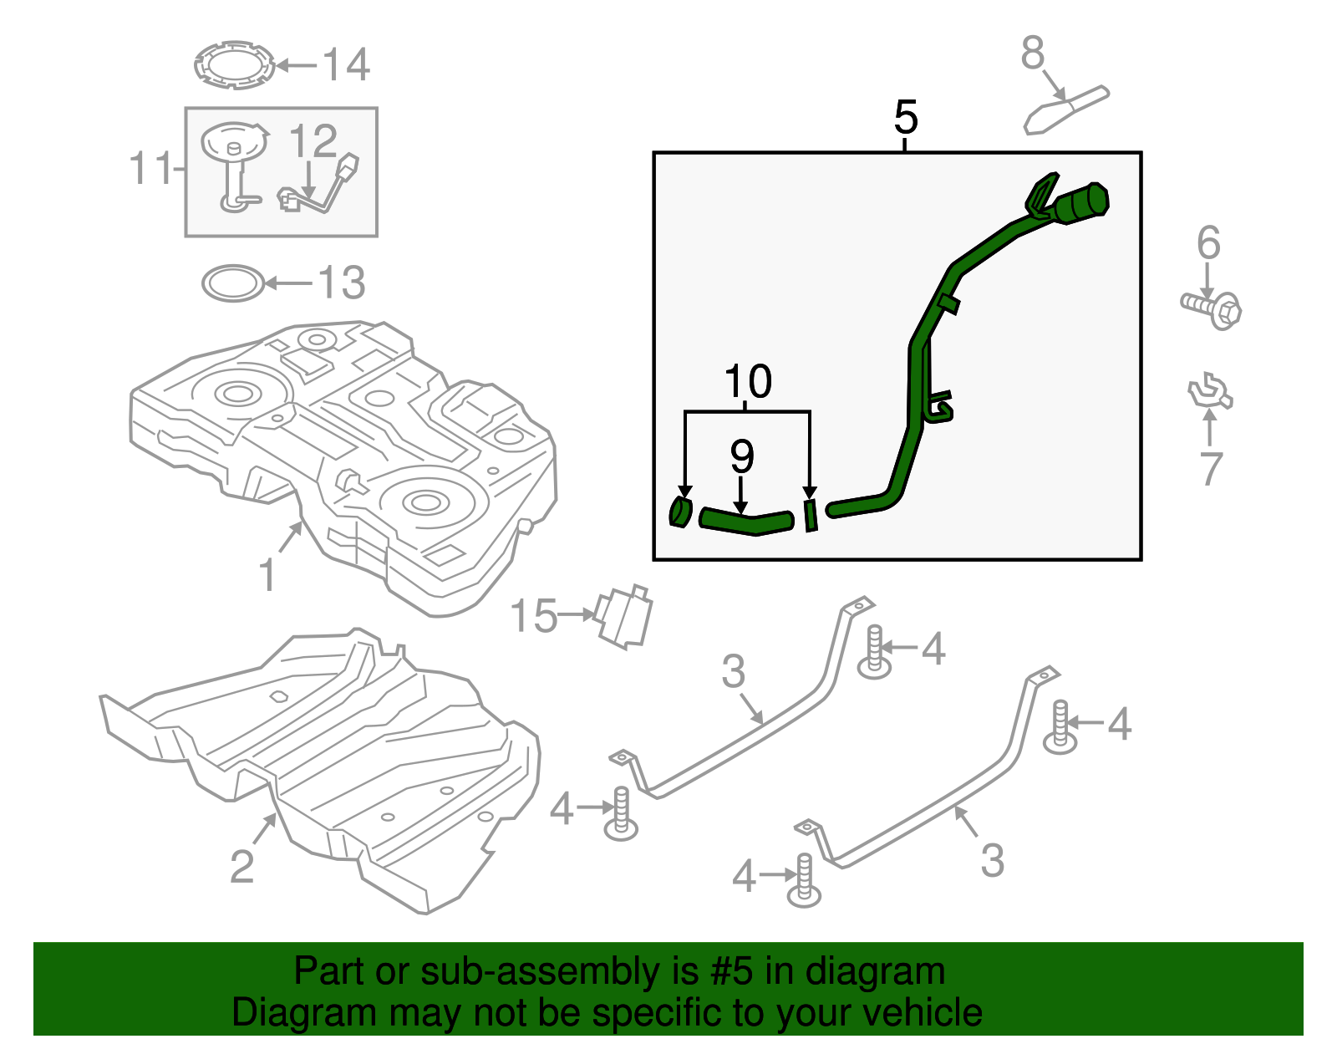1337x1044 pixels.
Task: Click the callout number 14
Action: point(346,65)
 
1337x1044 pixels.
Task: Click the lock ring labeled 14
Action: point(234,64)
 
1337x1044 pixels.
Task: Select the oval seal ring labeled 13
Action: point(233,283)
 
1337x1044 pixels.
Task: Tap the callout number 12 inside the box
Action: point(313,142)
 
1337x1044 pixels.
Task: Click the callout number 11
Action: point(150,169)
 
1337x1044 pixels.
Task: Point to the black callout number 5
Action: point(905,117)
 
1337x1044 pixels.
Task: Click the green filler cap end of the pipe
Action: point(1083,203)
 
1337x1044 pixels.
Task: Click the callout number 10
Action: point(748,382)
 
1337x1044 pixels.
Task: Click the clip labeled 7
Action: point(1210,393)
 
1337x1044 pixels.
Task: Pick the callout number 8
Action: point(1033,53)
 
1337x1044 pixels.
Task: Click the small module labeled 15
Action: point(623,617)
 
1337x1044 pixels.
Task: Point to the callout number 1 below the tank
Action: point(267,576)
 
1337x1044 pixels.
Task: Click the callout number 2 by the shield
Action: point(241,866)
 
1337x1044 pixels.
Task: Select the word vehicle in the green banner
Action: point(922,1013)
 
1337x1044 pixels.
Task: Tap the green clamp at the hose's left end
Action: point(681,512)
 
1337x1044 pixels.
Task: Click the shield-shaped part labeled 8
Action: point(1066,109)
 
